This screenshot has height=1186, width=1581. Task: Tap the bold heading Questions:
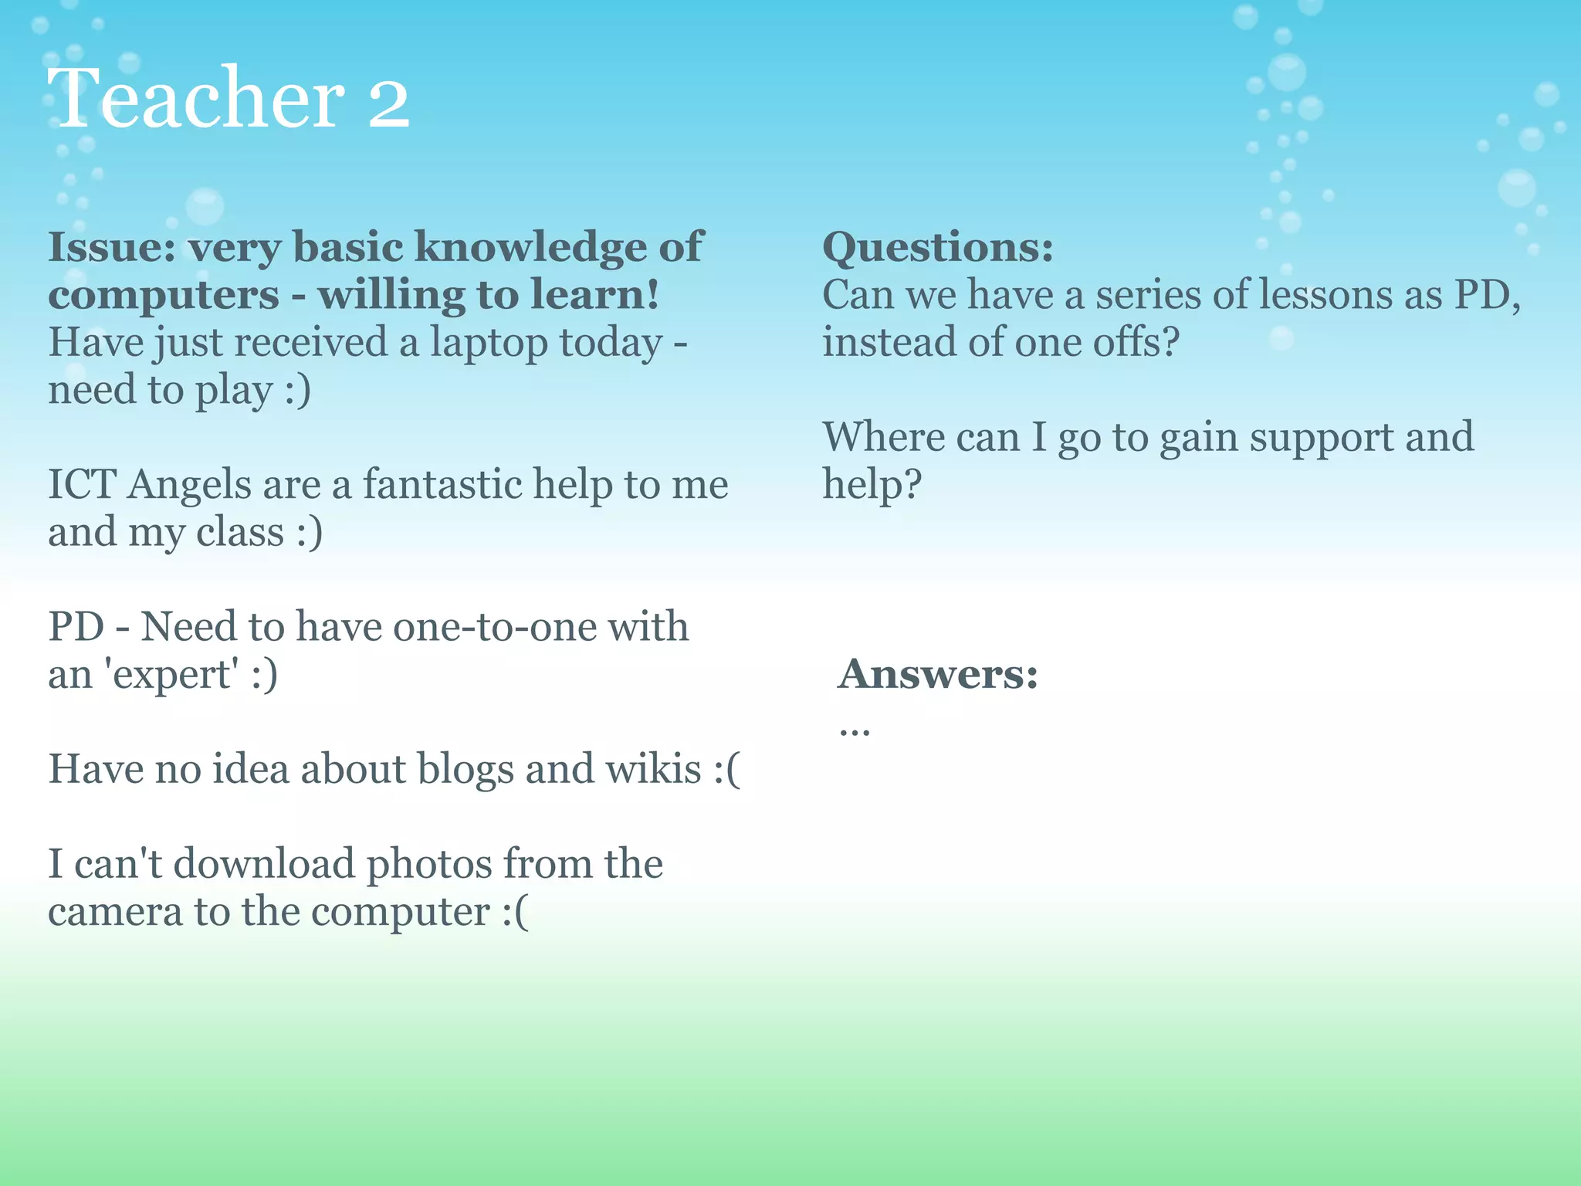[x=937, y=247]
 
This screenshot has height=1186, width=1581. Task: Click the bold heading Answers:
[x=938, y=673]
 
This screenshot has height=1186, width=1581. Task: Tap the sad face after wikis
[x=727, y=770]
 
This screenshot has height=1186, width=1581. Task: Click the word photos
[x=428, y=865]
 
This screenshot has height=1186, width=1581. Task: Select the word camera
[x=115, y=912]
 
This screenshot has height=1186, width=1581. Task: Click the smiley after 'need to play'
[x=298, y=390]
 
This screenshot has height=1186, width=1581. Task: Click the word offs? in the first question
[x=1135, y=342]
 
